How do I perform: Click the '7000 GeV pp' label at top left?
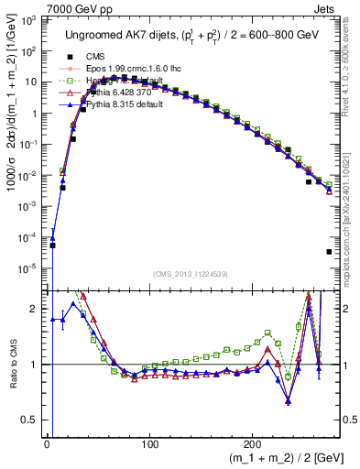(34, 7)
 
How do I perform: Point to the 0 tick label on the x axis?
(47, 443)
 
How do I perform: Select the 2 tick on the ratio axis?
(38, 309)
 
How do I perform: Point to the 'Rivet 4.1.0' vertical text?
(352, 73)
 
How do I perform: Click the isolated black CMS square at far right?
(328, 252)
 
